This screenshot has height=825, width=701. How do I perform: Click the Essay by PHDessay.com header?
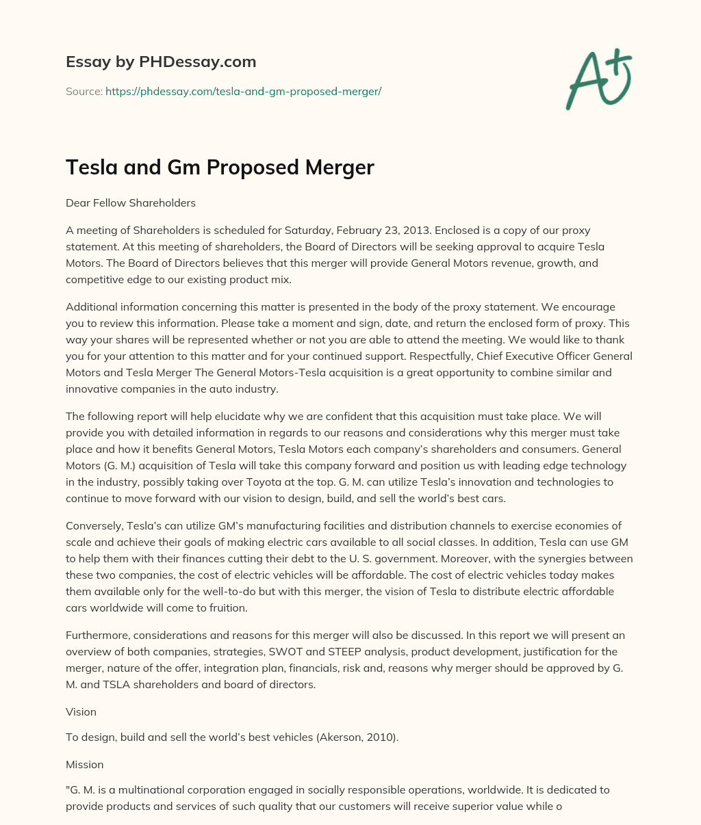[x=161, y=62]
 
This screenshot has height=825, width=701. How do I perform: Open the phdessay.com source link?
[x=243, y=91]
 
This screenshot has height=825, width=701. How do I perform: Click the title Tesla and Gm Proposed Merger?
[x=220, y=167]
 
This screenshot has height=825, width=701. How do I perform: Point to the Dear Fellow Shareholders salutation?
[x=131, y=202]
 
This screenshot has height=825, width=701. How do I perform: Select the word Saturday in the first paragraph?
[x=323, y=230]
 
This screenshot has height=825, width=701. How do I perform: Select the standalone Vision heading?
[x=81, y=711]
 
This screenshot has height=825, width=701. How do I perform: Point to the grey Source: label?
[x=84, y=91]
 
